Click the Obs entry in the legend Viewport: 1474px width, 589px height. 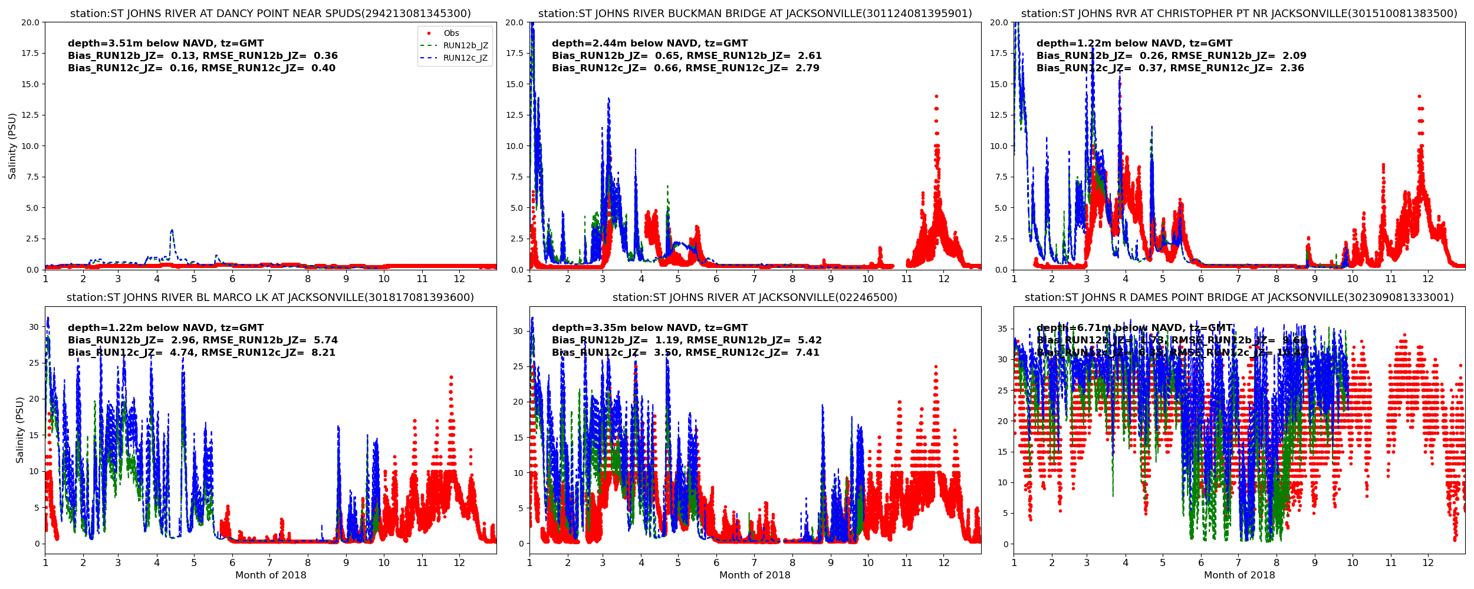point(451,34)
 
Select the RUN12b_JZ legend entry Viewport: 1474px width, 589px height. point(465,46)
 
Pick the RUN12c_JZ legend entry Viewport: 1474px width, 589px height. point(465,58)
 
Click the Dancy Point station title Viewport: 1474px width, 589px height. point(270,14)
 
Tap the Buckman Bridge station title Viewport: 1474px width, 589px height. point(755,14)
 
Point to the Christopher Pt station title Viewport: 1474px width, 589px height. point(1239,14)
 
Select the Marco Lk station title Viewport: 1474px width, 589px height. point(270,297)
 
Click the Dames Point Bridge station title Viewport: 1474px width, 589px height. point(1239,297)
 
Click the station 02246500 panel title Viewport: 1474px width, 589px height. point(755,297)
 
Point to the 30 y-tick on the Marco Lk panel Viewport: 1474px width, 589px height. point(34,327)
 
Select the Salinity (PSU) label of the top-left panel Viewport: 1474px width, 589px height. point(12,146)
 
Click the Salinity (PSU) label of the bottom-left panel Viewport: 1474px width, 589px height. point(20,430)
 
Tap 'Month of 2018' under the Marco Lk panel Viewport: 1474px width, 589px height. point(271,575)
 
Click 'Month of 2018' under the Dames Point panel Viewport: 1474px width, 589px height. point(1239,575)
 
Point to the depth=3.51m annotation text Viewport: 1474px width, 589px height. point(166,44)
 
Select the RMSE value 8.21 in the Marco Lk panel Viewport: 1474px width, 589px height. point(324,353)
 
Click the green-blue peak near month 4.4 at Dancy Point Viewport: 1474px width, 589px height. point(172,230)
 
